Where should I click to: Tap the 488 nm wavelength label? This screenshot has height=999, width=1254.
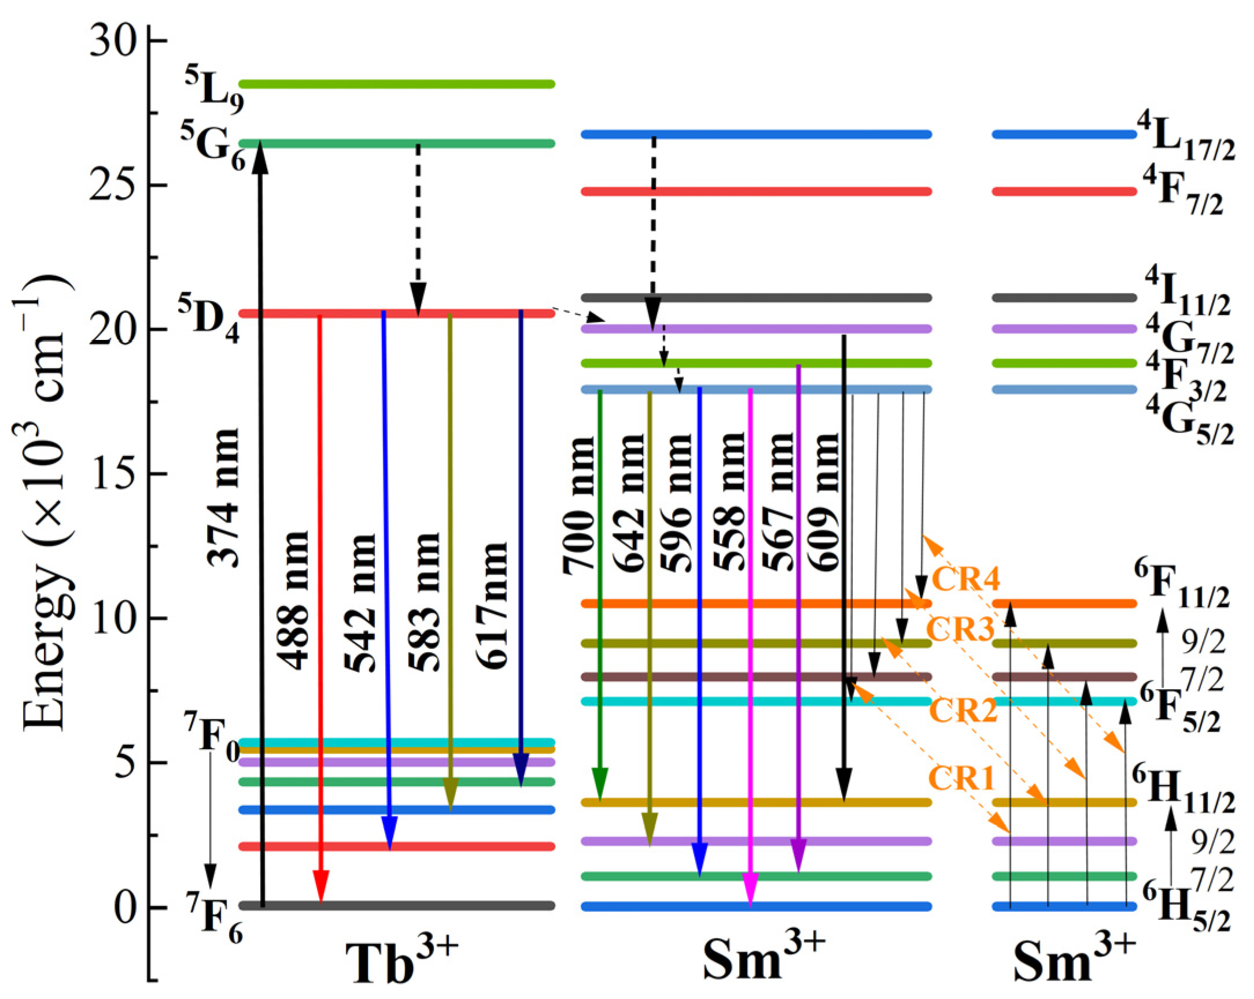pos(292,600)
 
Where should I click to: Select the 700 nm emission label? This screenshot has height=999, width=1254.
pos(580,506)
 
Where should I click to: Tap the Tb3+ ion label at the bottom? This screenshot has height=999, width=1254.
pos(401,960)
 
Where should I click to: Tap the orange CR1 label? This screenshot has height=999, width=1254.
pos(961,778)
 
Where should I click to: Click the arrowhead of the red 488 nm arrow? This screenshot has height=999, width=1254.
pos(321,886)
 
